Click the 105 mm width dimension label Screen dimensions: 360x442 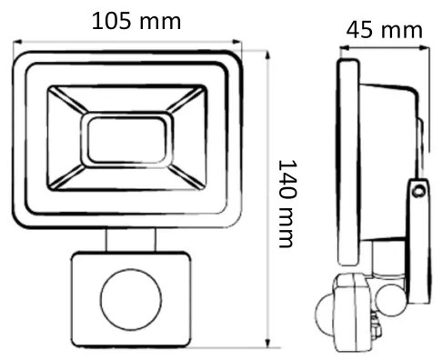click(136, 20)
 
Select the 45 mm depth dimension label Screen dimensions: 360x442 click(383, 29)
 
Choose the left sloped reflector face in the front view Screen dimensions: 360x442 click(65, 137)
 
